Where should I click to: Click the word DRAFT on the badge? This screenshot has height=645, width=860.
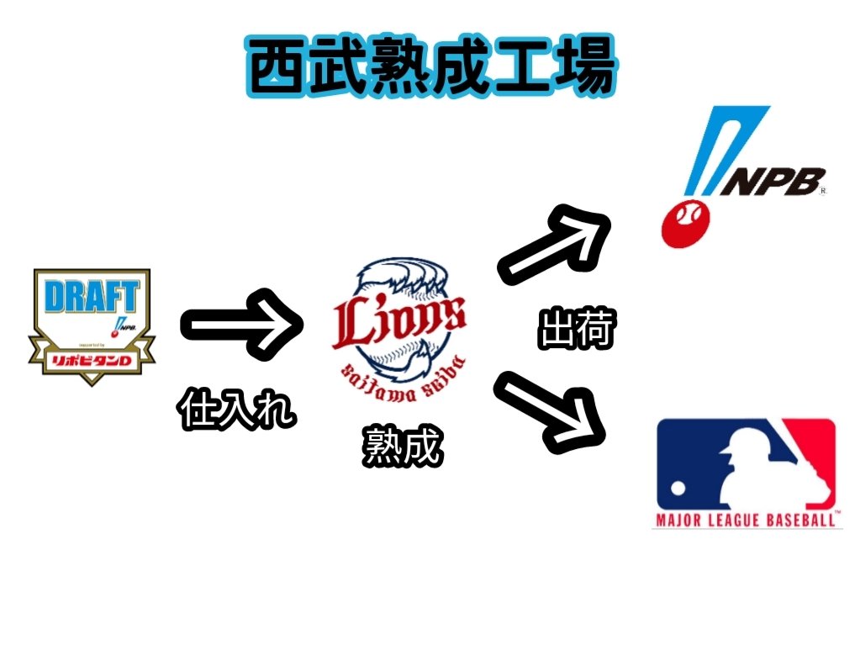[x=91, y=296]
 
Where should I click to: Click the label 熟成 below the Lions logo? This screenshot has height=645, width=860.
[x=401, y=447]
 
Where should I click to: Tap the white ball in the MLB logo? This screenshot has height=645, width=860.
[x=678, y=488]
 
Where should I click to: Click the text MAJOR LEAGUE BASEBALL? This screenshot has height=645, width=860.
[x=747, y=521]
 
